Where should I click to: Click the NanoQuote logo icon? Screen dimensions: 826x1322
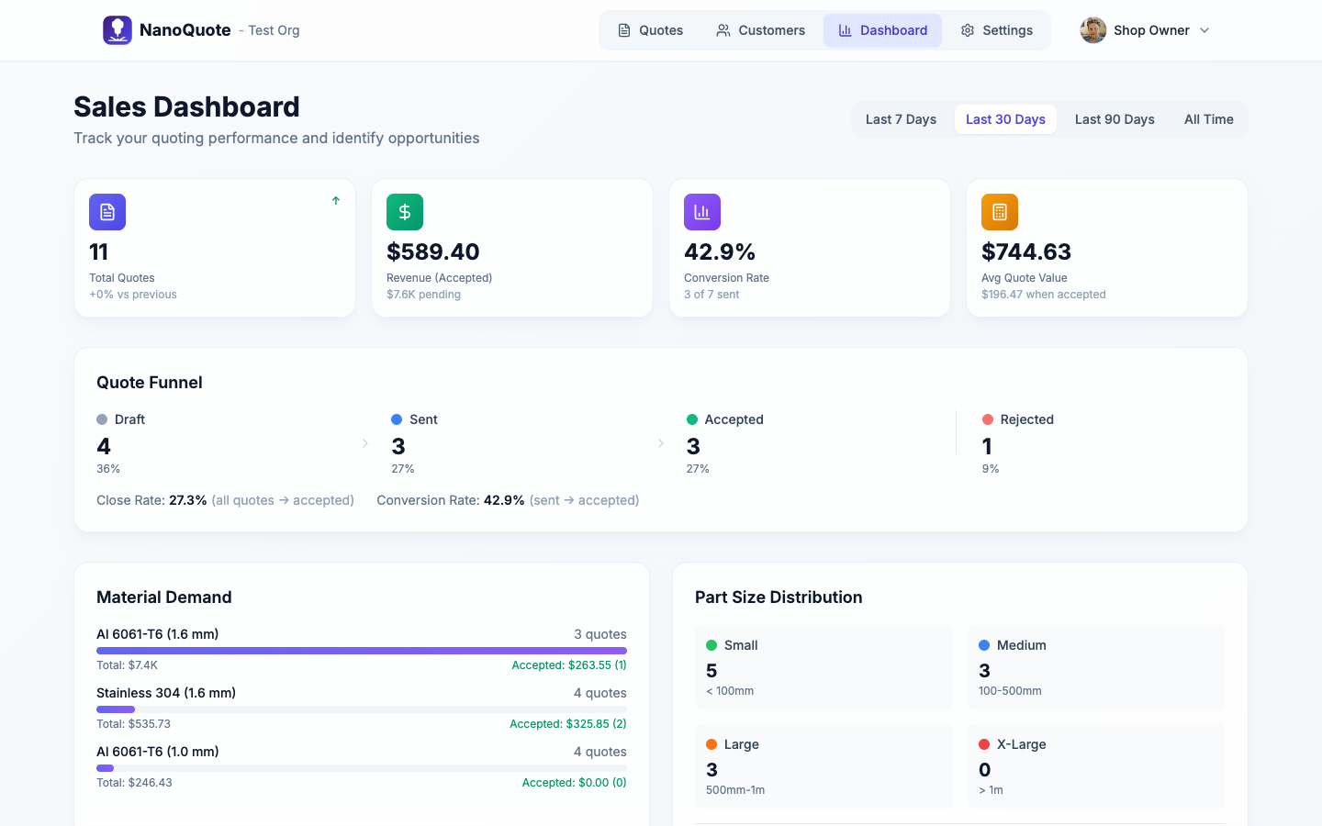point(118,30)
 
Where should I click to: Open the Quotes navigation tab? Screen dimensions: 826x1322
point(650,30)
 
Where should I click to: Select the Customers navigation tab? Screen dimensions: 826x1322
point(760,30)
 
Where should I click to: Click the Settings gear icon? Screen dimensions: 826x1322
point(968,30)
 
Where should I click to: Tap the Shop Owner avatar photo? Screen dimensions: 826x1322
point(1092,30)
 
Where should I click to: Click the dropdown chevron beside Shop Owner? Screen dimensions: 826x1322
point(1204,30)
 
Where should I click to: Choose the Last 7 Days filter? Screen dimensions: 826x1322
point(901,119)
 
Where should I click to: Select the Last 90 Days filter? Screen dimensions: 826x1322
point(1115,119)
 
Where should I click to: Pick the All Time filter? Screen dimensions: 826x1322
point(1208,119)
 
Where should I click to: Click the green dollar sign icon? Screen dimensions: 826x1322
point(405,212)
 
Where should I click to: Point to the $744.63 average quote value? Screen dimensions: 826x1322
point(1025,251)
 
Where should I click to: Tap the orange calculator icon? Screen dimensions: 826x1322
point(1000,212)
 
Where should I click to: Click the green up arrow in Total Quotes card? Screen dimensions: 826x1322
point(336,200)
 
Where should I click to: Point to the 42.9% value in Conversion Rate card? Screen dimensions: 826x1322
point(720,251)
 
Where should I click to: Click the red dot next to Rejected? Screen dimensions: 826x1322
point(988,419)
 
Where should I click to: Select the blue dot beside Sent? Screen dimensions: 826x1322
point(397,419)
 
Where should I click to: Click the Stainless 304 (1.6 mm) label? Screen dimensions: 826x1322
point(166,693)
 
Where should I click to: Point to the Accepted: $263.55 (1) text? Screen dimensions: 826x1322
point(568,665)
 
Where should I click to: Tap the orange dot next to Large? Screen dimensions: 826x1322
point(711,744)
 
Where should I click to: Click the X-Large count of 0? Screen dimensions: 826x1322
point(985,770)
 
